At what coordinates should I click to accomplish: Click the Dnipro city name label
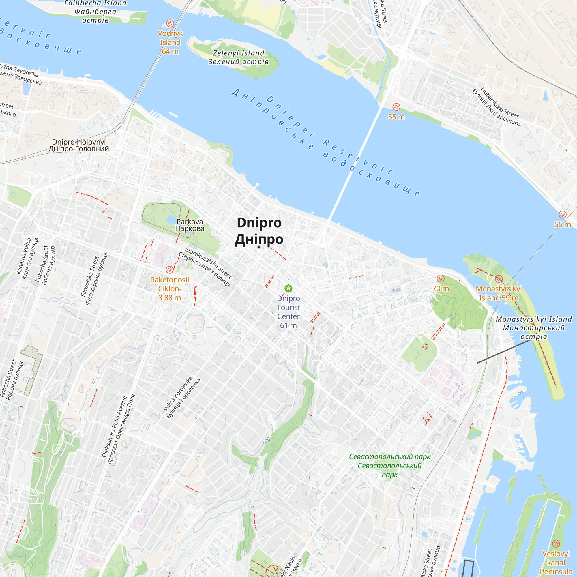pos(259,231)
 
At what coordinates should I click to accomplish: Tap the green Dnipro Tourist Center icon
pos(288,288)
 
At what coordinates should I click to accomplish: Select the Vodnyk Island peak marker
pos(170,23)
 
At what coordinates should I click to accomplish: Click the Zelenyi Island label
pos(239,57)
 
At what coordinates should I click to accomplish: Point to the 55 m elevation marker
pos(396,107)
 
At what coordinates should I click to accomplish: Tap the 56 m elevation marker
pos(562,214)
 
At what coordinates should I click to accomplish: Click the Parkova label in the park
pos(190,225)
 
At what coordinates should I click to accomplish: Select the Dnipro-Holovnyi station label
pos(79,145)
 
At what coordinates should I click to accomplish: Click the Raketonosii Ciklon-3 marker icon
pos(170,270)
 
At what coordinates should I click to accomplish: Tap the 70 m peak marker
pos(441,279)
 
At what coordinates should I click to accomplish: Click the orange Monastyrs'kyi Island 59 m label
pos(499,293)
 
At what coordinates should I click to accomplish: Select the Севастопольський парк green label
pos(390,466)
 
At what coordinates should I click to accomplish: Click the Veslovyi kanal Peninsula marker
pos(556,543)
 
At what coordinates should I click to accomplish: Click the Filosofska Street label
pos(93,278)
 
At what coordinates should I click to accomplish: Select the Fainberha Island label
pos(95,11)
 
